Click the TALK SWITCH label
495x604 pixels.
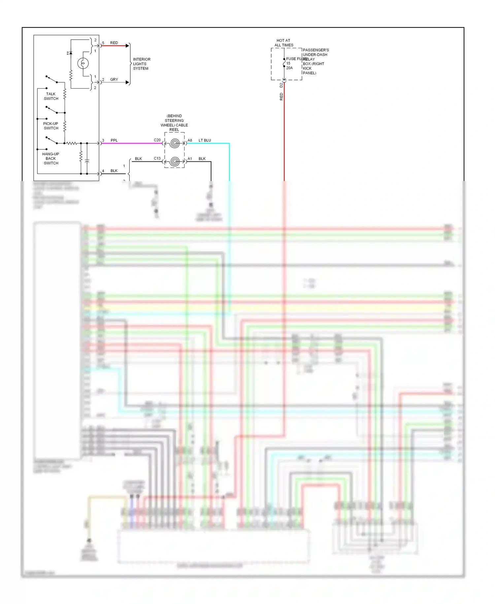pos(51,96)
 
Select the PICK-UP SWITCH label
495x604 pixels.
pos(51,126)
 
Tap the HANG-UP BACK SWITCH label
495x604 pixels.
pos(51,159)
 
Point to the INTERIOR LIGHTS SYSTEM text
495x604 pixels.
pos(141,64)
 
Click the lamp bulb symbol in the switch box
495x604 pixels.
pos(83,63)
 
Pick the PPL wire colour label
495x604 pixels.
pos(114,140)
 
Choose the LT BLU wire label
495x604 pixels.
pos(205,140)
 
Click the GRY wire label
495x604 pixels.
pos(114,80)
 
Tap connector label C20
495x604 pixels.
pos(157,140)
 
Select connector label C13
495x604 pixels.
pos(157,158)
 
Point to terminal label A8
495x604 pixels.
pos(190,140)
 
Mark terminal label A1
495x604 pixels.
pos(190,159)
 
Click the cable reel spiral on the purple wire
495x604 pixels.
pos(175,143)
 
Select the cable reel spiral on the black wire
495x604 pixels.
pos(175,162)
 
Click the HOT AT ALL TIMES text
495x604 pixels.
pos(284,43)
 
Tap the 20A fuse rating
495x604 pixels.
pos(289,68)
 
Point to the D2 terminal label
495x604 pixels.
pos(281,85)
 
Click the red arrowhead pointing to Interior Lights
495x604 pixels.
pos(127,46)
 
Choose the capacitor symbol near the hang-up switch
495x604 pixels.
pos(87,161)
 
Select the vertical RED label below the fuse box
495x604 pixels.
pos(281,96)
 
